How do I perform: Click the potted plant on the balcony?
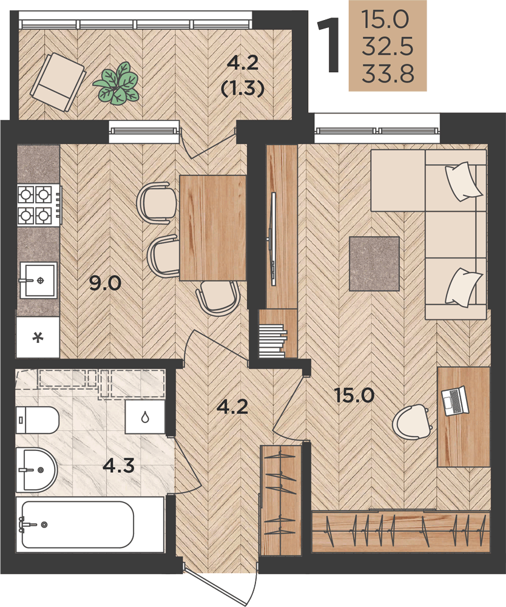(116, 83)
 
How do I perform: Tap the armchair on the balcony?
(58, 82)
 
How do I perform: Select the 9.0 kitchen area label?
(105, 283)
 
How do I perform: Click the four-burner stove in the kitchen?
(39, 205)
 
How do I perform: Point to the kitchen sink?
(38, 280)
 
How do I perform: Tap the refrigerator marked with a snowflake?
(38, 337)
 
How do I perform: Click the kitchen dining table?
(213, 228)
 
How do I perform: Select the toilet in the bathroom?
(37, 420)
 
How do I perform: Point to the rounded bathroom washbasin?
(36, 470)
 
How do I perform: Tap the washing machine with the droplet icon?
(146, 417)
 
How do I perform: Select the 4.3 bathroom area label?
(119, 466)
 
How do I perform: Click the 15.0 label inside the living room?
(354, 396)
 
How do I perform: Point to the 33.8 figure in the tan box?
(388, 74)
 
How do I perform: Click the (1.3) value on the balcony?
(243, 89)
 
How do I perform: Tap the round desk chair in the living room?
(411, 422)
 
